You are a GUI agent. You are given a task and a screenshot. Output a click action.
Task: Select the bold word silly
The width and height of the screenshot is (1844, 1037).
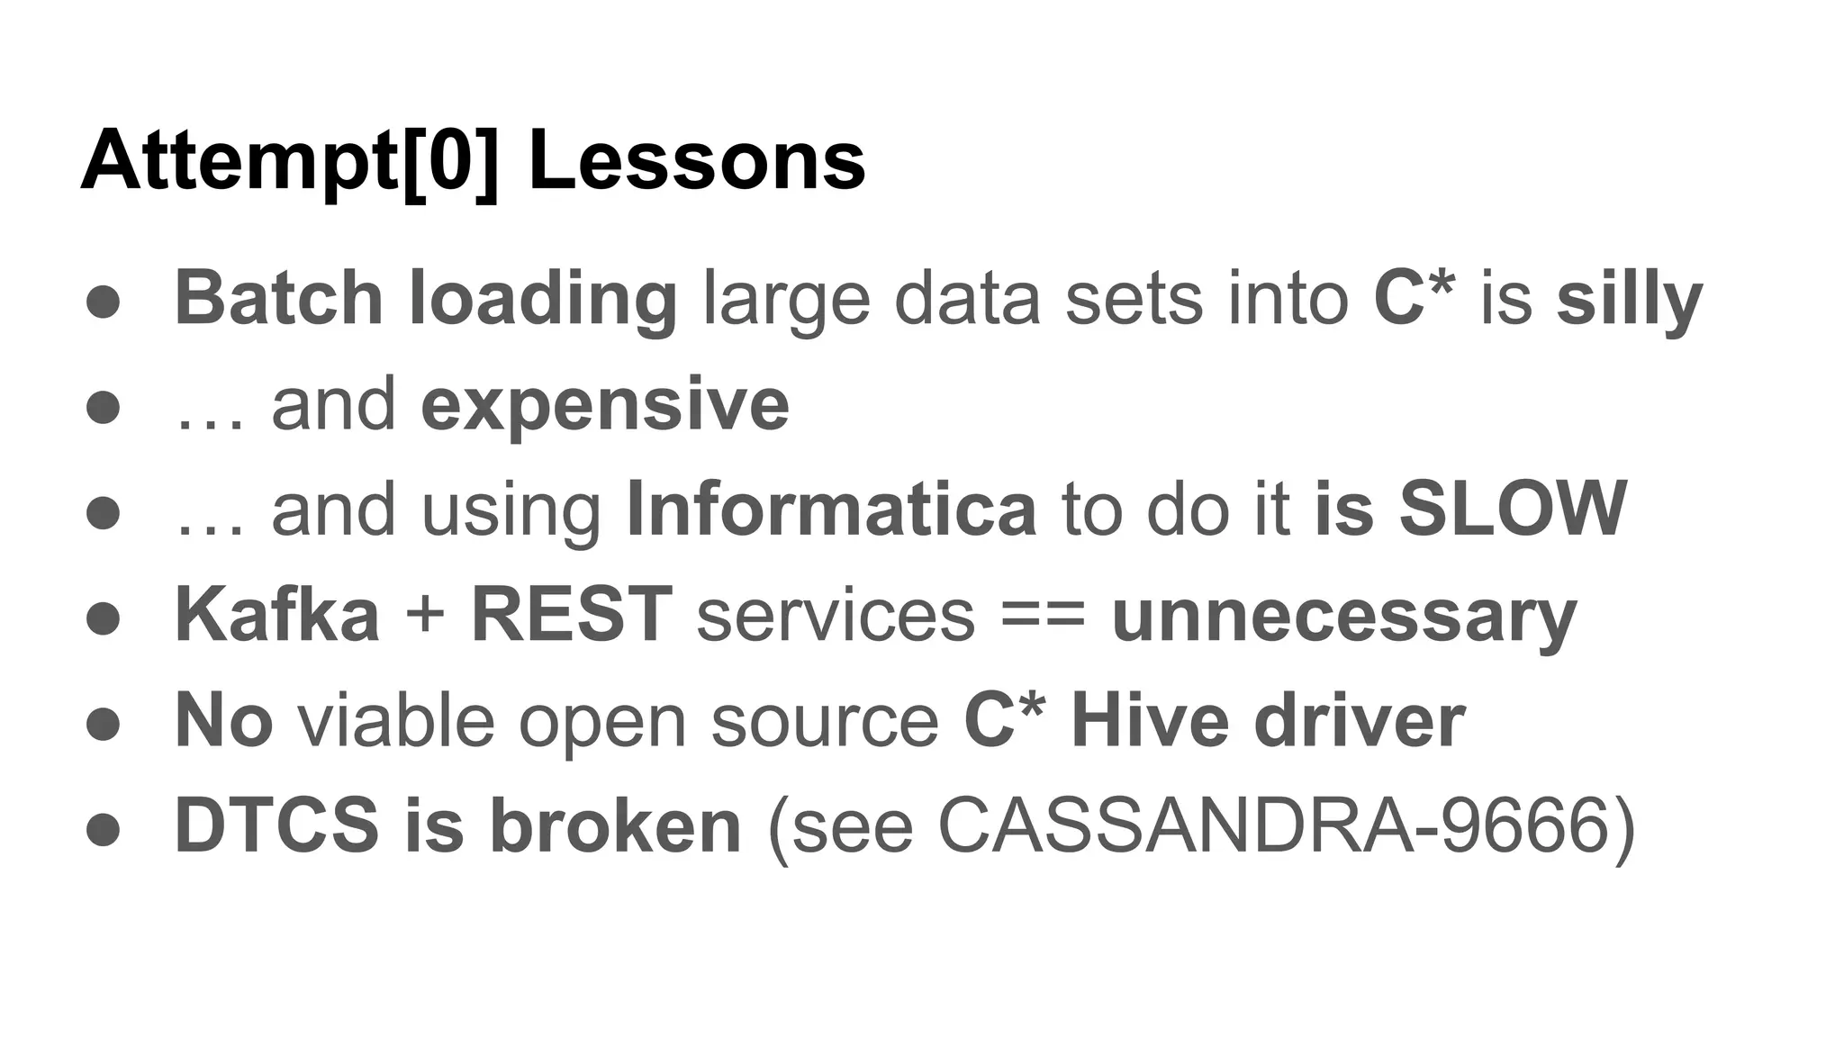(1630, 299)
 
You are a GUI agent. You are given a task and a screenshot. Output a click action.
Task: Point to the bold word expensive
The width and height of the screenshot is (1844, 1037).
(605, 405)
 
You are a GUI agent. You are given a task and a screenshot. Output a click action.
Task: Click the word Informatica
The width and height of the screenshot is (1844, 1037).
(831, 509)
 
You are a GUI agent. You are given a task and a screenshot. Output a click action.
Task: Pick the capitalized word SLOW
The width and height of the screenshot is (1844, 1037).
(1513, 509)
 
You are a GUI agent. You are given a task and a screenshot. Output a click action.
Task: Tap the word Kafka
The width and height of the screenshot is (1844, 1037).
(276, 616)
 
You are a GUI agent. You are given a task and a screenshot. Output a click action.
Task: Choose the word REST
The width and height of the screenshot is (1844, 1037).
(572, 616)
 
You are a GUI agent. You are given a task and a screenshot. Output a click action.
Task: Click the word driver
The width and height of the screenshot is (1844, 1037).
(1360, 722)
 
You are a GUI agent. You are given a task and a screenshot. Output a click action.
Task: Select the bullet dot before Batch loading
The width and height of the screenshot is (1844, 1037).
(104, 302)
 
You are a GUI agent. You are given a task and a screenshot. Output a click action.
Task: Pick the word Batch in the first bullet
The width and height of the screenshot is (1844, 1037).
(279, 299)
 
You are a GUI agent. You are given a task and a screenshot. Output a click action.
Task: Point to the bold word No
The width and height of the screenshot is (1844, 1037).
(223, 722)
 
